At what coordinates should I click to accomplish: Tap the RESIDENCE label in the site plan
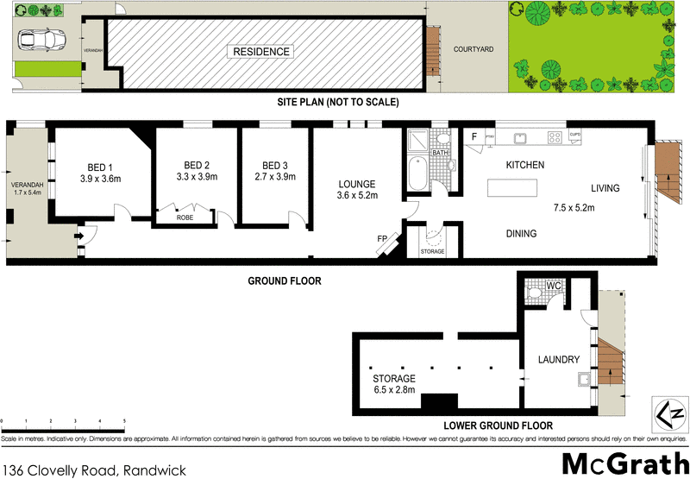click(261, 52)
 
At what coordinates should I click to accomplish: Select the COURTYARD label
click(474, 49)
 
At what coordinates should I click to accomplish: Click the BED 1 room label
click(100, 167)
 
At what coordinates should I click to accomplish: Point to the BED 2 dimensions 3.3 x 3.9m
click(197, 177)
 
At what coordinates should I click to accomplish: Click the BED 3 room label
click(274, 166)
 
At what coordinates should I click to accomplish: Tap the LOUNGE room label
click(357, 184)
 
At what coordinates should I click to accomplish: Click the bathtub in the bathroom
click(416, 175)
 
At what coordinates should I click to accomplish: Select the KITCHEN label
click(524, 165)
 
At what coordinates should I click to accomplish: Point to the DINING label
click(521, 233)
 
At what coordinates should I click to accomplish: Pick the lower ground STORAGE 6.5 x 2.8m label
click(394, 384)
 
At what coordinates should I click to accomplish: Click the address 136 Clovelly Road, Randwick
click(89, 469)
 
